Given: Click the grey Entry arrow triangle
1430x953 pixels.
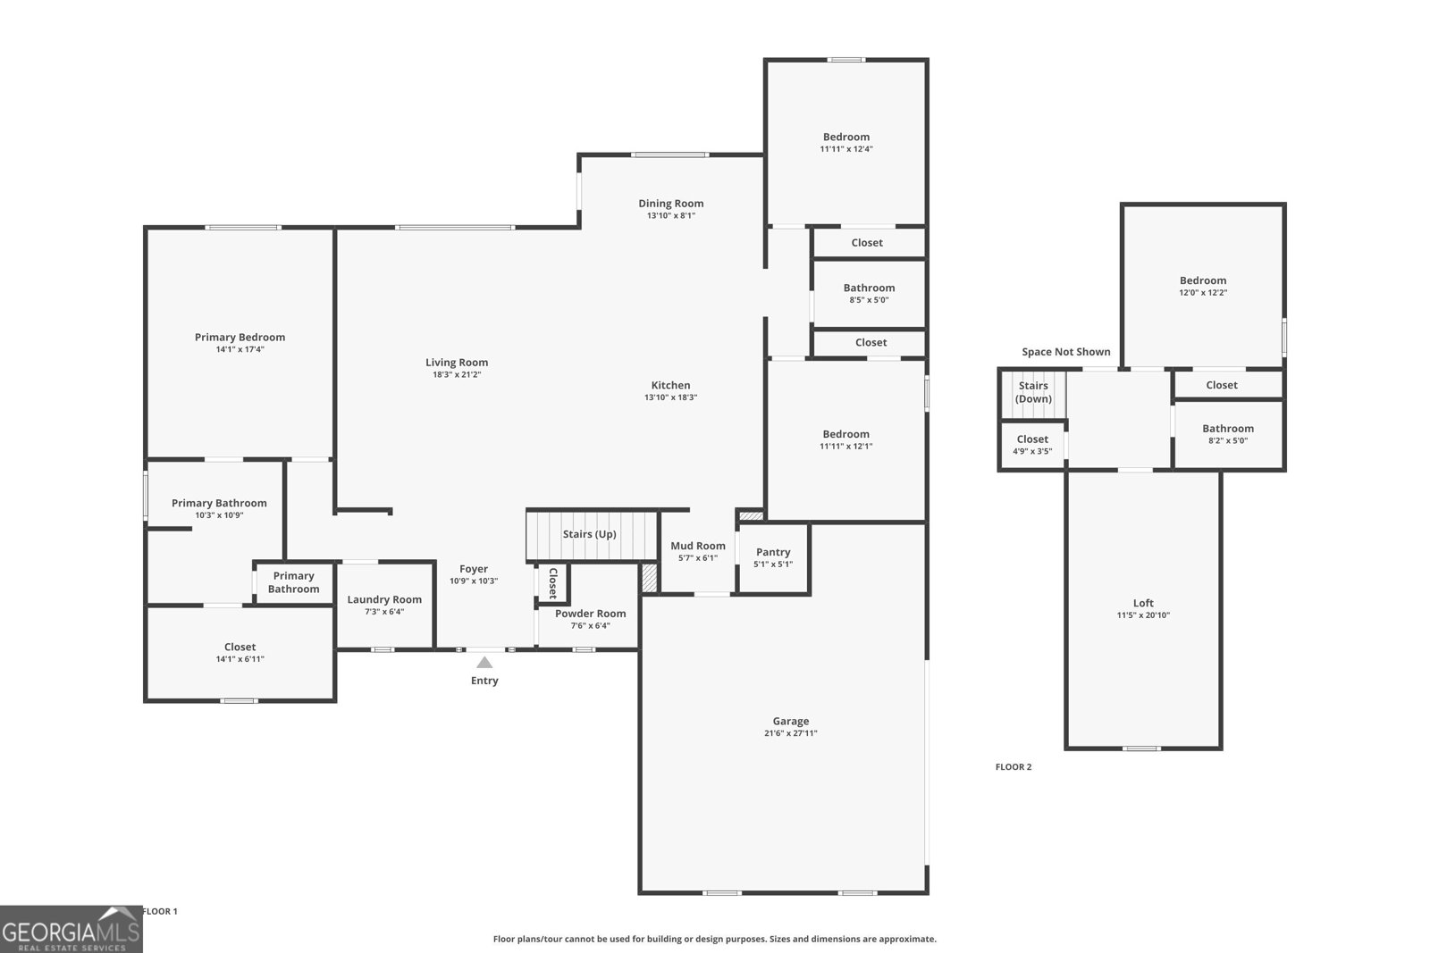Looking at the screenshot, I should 484,663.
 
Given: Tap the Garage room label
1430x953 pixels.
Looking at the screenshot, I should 791,721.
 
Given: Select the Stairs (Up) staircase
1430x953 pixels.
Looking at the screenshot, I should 591,534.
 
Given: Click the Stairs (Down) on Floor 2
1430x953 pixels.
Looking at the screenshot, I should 1033,393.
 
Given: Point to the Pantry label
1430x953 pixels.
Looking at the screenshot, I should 773,552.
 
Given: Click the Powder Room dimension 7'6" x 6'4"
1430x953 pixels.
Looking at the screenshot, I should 590,625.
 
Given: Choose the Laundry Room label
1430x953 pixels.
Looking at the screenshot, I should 384,599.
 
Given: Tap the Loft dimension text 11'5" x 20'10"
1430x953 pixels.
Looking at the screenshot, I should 1143,614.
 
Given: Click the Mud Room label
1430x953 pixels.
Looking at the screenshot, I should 698,546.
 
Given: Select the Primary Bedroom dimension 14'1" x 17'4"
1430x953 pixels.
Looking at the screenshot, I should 240,349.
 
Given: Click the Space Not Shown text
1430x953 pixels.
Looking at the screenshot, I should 1066,352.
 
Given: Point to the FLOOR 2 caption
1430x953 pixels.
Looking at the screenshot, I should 1014,766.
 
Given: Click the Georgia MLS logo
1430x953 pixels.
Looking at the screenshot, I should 71,930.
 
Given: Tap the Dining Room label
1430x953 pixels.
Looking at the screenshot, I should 670,203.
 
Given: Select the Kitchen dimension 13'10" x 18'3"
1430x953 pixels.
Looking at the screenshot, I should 670,397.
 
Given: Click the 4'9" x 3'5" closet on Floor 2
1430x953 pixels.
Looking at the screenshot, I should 1032,445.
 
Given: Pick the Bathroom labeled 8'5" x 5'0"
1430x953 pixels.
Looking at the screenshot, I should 869,293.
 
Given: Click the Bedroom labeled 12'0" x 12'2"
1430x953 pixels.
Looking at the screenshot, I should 1202,286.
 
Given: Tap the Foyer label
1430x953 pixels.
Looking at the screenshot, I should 474,569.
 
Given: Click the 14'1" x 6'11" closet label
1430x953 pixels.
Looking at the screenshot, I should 240,653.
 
